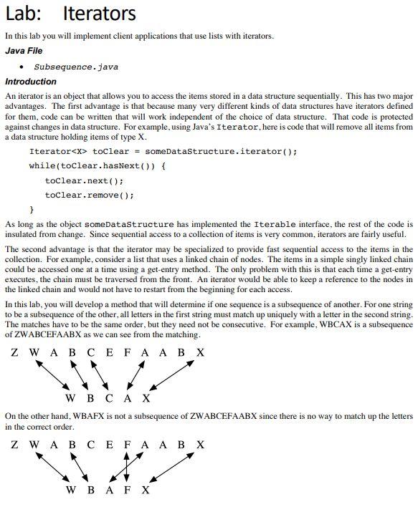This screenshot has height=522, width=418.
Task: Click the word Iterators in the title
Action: [x=99, y=14]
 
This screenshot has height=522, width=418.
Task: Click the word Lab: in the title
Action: [x=27, y=14]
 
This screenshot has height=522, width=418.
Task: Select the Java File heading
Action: [x=24, y=51]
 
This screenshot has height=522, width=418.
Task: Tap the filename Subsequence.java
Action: [x=76, y=67]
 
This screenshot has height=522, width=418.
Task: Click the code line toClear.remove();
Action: [x=89, y=195]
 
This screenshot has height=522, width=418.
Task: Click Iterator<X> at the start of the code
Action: [x=58, y=152]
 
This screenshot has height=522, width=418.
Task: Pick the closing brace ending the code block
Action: [x=32, y=209]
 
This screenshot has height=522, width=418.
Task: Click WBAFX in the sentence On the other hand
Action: [x=92, y=416]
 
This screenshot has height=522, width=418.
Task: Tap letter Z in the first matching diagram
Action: [x=15, y=352]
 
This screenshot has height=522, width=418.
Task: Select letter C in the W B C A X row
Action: [x=108, y=398]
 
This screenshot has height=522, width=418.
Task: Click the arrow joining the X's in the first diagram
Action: [x=173, y=375]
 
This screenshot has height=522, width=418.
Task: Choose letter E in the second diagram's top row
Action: [x=108, y=445]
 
